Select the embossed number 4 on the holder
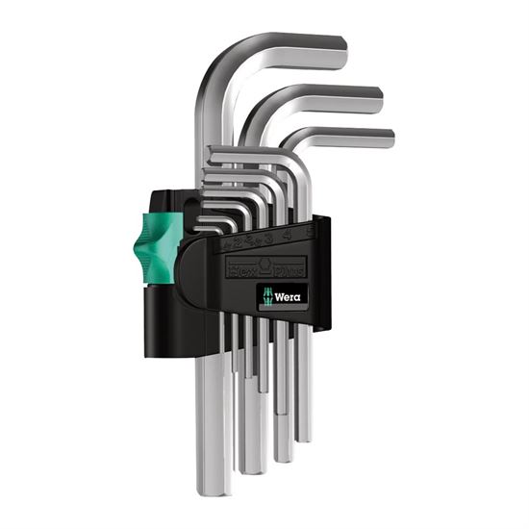[289, 231]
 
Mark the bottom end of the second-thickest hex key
[252, 467]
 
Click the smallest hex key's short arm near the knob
[204, 228]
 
